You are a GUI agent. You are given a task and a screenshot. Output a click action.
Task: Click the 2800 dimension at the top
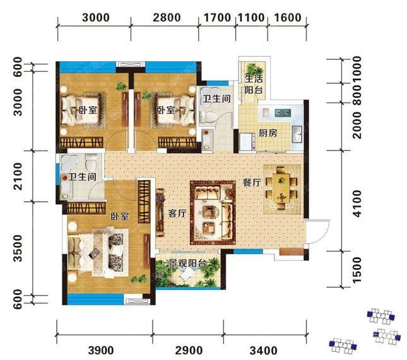coord(167,18)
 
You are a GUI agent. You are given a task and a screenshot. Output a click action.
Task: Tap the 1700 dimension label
coord(217,18)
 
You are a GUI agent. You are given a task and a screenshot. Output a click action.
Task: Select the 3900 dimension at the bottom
coord(101,351)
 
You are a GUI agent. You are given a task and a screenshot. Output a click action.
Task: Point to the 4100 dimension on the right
coord(357,204)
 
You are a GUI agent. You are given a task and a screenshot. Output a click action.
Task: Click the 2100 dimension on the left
coord(18,176)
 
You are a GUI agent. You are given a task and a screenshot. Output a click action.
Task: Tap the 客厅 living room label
coord(177,214)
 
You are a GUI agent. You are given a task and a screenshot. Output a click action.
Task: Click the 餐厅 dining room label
coord(252,182)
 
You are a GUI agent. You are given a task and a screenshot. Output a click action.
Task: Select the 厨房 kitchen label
coord(268,133)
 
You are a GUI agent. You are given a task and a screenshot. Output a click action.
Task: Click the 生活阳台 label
coord(254,84)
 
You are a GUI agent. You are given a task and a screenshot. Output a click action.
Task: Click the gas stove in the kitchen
coord(283,113)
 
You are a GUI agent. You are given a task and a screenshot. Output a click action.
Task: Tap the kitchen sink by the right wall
coord(297,134)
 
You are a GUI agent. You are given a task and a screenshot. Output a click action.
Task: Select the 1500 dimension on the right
coord(357,270)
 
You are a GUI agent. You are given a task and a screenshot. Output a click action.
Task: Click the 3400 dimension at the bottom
coord(264,351)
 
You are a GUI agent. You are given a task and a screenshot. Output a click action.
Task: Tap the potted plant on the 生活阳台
coord(254,69)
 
